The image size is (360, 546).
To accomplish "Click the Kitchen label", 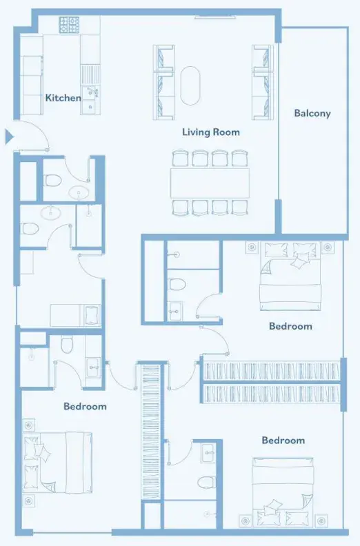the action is click(x=63, y=98).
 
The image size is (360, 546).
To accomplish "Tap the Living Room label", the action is click(x=211, y=132).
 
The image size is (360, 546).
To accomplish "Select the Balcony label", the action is click(x=312, y=113).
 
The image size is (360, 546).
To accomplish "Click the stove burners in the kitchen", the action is click(x=69, y=25).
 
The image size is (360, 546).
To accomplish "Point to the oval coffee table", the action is click(x=190, y=85).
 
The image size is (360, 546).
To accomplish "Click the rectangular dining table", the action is click(x=210, y=183).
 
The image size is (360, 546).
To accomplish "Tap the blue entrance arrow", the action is click(x=9, y=136).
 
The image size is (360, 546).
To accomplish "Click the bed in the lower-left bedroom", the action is click(x=57, y=463).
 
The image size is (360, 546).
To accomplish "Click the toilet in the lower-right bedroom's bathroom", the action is click(x=206, y=483).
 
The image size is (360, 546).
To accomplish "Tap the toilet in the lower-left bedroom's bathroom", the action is click(x=67, y=344).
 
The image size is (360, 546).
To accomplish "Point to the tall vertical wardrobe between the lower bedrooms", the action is click(x=151, y=432).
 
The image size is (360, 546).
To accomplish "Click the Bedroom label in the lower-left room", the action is click(x=85, y=406).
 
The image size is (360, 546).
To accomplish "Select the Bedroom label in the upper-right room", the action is click(x=290, y=326).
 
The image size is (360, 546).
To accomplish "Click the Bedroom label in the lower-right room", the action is click(x=283, y=441).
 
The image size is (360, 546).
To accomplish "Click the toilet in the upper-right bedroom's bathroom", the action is click(x=177, y=285).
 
